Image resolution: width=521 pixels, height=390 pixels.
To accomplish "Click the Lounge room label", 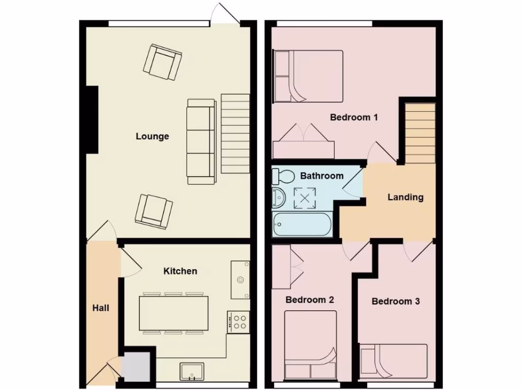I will tap(152, 136).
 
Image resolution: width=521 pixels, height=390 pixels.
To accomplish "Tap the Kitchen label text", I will tap(180, 271).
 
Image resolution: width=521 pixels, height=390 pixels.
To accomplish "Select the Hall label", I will tap(101, 308).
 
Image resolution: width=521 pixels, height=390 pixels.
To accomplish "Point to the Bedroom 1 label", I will tap(354, 117).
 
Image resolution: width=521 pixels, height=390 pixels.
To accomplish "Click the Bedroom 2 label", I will tap(309, 300).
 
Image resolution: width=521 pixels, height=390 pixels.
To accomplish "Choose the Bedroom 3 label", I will tap(395, 301).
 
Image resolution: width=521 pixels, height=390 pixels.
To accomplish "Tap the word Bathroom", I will tap(322, 176).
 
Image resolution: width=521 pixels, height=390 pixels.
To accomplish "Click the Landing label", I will tap(405, 197).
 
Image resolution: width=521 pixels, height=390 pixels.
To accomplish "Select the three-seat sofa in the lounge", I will tap(201, 141).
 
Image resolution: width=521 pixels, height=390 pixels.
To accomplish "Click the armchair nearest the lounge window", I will tap(163, 62).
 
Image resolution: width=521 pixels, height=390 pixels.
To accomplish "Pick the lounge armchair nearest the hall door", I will tap(153, 210).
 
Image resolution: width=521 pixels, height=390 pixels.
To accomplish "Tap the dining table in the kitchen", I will tap(173, 313).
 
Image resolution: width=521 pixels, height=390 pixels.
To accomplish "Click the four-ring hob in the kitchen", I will tap(238, 322).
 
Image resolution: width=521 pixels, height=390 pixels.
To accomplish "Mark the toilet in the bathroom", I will tap(283, 176).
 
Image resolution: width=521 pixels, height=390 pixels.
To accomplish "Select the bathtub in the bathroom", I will tap(302, 224).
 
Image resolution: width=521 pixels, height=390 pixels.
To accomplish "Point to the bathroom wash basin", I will tap(278, 198).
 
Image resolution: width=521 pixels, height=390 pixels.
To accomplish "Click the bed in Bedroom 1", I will tap(308, 76).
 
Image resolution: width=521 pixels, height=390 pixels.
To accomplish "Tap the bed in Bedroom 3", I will tap(393, 362).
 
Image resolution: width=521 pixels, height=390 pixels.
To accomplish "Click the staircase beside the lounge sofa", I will tap(236, 134).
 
